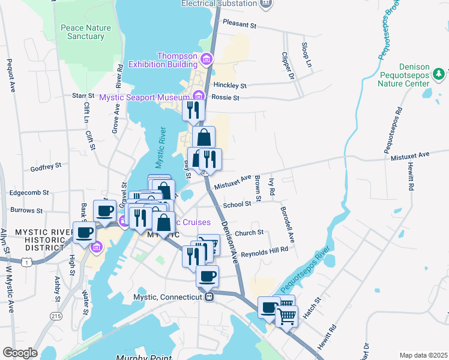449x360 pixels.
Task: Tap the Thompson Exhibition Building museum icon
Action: (x=207, y=59)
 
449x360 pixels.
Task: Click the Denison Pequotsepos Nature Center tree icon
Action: (x=439, y=73)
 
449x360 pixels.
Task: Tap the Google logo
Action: (x=20, y=353)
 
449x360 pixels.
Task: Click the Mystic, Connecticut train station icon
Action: (x=209, y=296)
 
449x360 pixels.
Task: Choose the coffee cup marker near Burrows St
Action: (x=104, y=210)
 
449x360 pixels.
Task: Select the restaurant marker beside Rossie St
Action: (x=193, y=110)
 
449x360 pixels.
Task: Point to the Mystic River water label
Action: (x=160, y=147)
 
